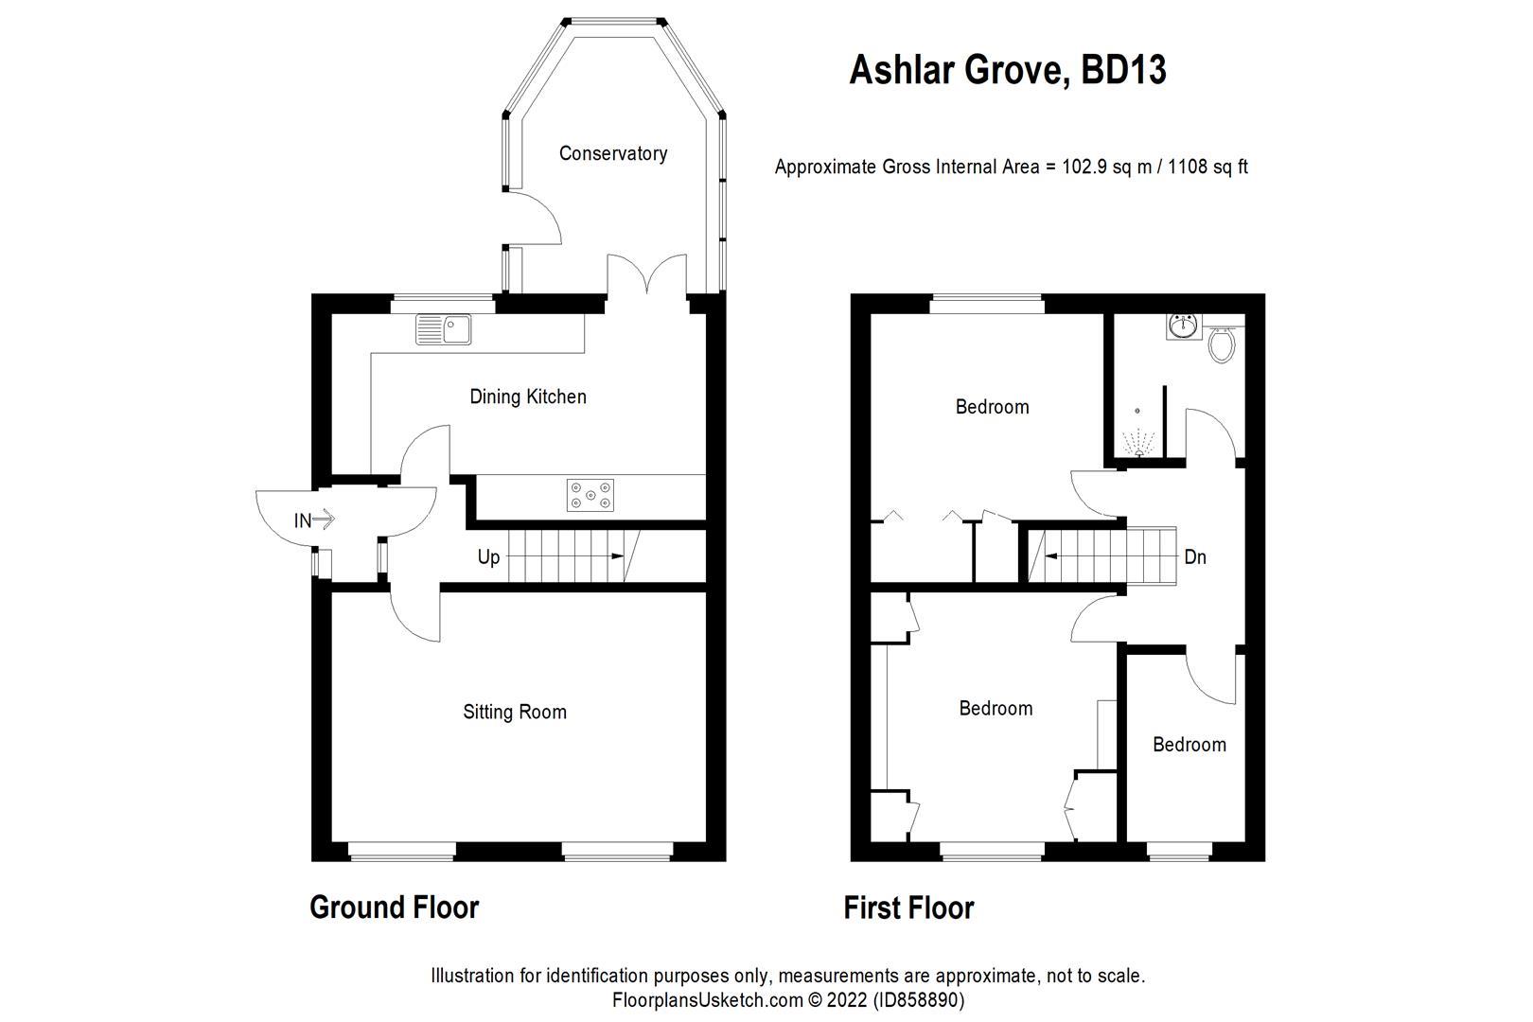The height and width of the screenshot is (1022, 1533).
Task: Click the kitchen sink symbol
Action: click(x=444, y=329)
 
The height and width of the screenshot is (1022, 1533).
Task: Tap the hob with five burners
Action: click(x=590, y=495)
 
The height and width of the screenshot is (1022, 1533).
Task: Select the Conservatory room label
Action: click(x=612, y=153)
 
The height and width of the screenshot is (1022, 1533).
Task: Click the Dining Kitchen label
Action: click(x=528, y=396)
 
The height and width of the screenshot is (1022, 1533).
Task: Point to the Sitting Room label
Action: click(x=514, y=712)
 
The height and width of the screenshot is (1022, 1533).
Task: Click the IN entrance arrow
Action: click(x=314, y=520)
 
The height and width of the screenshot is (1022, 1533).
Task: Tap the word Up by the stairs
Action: click(x=488, y=557)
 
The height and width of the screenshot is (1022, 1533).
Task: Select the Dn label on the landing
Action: click(x=1195, y=557)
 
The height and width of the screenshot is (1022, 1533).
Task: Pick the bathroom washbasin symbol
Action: click(x=1183, y=326)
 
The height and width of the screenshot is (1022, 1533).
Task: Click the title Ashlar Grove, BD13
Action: click(x=1007, y=70)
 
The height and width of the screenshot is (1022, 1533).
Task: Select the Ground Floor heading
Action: click(x=394, y=907)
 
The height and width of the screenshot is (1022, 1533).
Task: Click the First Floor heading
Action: click(x=908, y=908)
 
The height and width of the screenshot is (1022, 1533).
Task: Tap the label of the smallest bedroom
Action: click(x=1189, y=745)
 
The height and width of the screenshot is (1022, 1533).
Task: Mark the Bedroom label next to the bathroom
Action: click(x=992, y=407)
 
